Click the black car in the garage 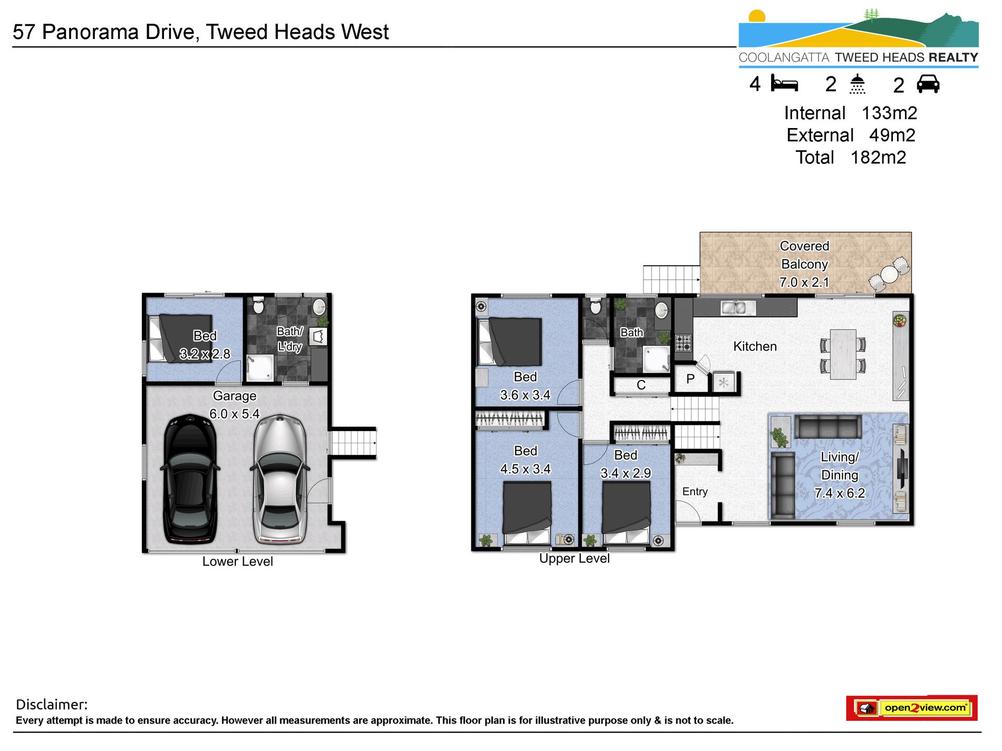pyautogui.click(x=190, y=480)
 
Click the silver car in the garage pyautogui.click(x=279, y=480)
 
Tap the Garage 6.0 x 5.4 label pyautogui.click(x=235, y=405)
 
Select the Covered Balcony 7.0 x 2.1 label pyautogui.click(x=804, y=264)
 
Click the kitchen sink pyautogui.click(x=735, y=307)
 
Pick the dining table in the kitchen pyautogui.click(x=843, y=354)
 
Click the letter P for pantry pyautogui.click(x=690, y=379)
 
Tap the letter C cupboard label pyautogui.click(x=641, y=385)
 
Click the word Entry pyautogui.click(x=695, y=492)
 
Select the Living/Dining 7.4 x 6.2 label pyautogui.click(x=840, y=475)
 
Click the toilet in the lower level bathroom pyautogui.click(x=258, y=305)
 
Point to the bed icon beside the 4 pyautogui.click(x=784, y=84)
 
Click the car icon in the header pyautogui.click(x=928, y=84)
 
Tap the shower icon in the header pyautogui.click(x=858, y=84)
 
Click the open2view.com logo pyautogui.click(x=912, y=708)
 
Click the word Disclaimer pyautogui.click(x=52, y=705)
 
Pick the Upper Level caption pyautogui.click(x=574, y=559)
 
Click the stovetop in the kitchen pyautogui.click(x=683, y=343)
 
